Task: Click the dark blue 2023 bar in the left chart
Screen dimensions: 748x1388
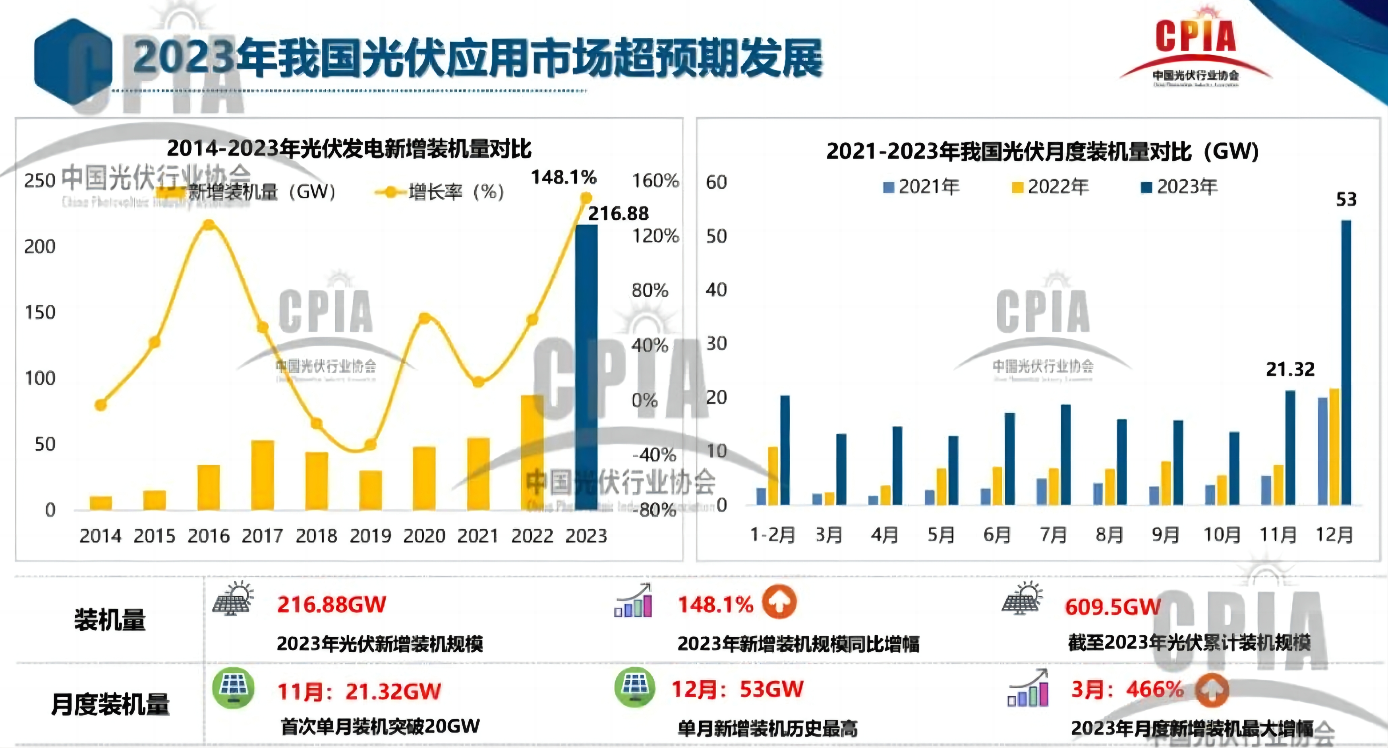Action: click(586, 366)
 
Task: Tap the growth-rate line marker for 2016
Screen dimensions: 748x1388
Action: click(209, 225)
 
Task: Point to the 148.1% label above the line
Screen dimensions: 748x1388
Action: click(564, 177)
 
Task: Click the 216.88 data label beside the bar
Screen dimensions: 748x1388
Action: click(618, 214)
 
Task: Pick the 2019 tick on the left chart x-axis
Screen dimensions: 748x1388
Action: click(370, 536)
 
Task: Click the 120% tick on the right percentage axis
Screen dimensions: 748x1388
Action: click(655, 236)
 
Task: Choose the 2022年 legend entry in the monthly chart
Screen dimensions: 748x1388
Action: click(1050, 187)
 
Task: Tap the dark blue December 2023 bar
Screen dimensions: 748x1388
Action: click(1346, 362)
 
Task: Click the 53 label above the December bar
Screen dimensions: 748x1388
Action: click(1346, 200)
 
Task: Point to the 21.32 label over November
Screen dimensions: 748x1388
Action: click(1290, 370)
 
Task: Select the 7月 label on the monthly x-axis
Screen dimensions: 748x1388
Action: click(1053, 535)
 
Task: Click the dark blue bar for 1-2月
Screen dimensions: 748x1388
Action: click(785, 450)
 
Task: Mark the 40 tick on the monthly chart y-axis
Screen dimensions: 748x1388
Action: click(716, 290)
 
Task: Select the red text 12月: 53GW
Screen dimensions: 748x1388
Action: click(737, 689)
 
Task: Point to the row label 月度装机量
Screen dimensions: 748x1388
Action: click(110, 704)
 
